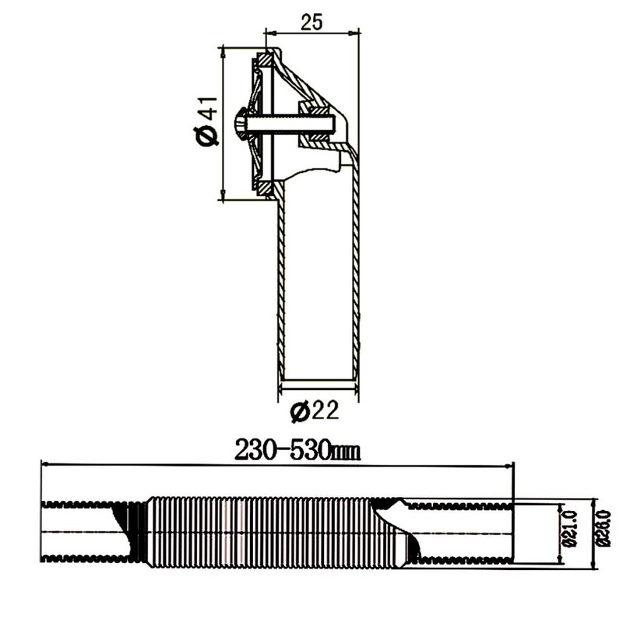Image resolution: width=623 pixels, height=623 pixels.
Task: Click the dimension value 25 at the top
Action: pyautogui.click(x=312, y=22)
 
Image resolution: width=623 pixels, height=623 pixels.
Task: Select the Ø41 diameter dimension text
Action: pyautogui.click(x=206, y=123)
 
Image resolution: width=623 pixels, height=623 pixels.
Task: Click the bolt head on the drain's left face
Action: pyautogui.click(x=240, y=123)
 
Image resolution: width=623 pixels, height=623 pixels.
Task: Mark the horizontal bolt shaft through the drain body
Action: pyautogui.click(x=288, y=123)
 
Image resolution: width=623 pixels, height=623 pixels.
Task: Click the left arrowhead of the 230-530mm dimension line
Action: pyautogui.click(x=45, y=464)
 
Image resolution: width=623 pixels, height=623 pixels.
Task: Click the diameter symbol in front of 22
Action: pyautogui.click(x=299, y=410)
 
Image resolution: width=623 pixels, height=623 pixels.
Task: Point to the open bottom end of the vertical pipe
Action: pyautogui.click(x=319, y=379)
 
